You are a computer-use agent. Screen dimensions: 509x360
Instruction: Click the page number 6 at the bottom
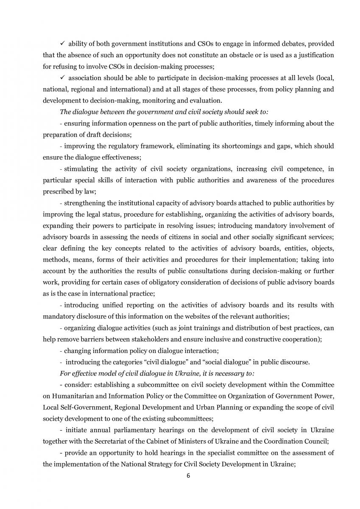click(x=188, y=475)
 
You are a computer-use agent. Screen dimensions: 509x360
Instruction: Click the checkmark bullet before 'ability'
click(x=62, y=44)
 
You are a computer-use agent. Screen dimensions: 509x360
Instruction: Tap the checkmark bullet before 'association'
click(x=62, y=78)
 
